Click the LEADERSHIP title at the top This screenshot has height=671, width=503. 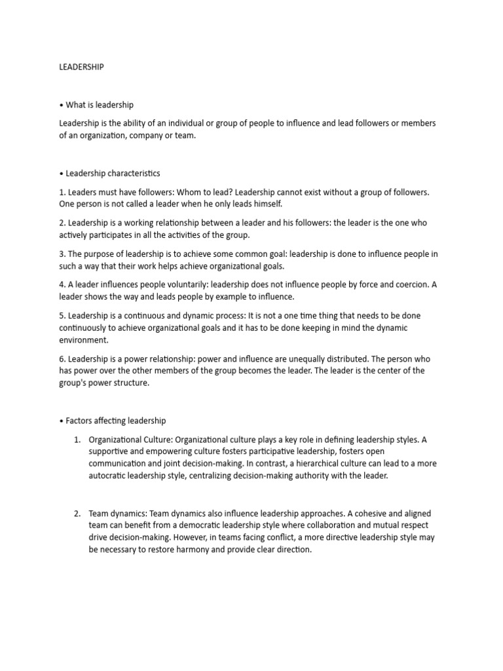(81, 67)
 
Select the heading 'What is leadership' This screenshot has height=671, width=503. (99, 105)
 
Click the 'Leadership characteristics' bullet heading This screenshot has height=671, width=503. (112, 174)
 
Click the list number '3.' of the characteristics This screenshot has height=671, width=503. (62, 254)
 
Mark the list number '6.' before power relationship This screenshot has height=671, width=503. (62, 359)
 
